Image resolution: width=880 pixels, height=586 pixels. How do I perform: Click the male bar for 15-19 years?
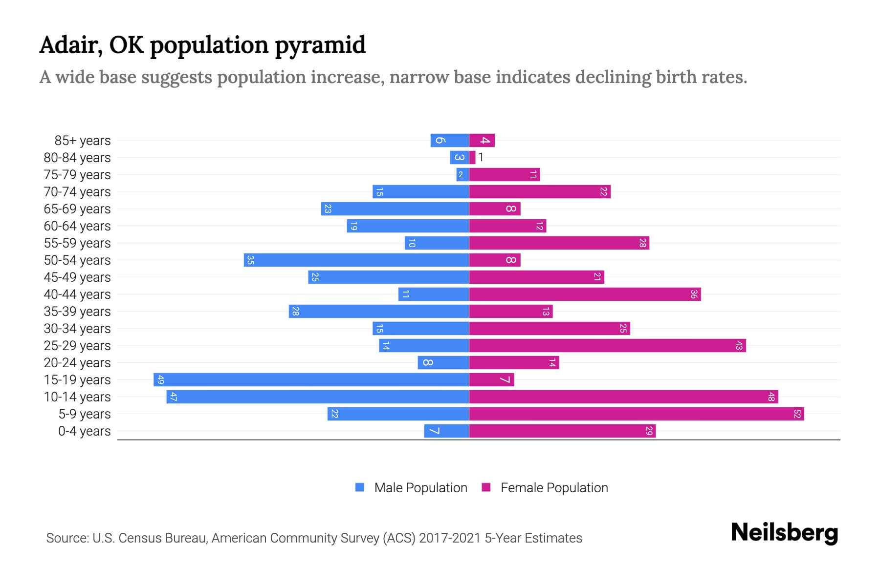[311, 380]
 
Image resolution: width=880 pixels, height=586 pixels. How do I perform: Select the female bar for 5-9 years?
[637, 414]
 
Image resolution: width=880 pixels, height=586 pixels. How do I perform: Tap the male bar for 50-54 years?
[356, 260]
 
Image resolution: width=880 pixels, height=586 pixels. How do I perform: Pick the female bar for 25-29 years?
[608, 346]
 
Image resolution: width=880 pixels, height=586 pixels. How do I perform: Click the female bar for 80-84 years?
[472, 158]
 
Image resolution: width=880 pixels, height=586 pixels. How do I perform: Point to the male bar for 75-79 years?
[462, 175]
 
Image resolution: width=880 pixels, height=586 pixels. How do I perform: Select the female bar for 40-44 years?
[585, 294]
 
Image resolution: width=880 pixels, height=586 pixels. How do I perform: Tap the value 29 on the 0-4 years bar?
[649, 431]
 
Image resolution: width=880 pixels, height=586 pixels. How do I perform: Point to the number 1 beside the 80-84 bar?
[481, 157]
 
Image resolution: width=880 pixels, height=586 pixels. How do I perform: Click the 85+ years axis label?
[83, 141]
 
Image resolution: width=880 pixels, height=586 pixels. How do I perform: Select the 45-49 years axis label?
[77, 277]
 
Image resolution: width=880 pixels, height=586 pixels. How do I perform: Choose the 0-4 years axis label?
[84, 431]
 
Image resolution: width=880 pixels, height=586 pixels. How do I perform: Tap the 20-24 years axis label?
[77, 363]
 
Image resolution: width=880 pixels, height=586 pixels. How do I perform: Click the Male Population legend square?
[360, 487]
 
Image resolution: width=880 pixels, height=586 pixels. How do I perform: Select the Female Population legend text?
[554, 488]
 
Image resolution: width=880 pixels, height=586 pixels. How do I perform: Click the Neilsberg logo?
[784, 533]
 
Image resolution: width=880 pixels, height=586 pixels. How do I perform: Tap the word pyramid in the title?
[320, 45]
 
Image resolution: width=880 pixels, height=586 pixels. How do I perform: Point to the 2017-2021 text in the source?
[450, 538]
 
